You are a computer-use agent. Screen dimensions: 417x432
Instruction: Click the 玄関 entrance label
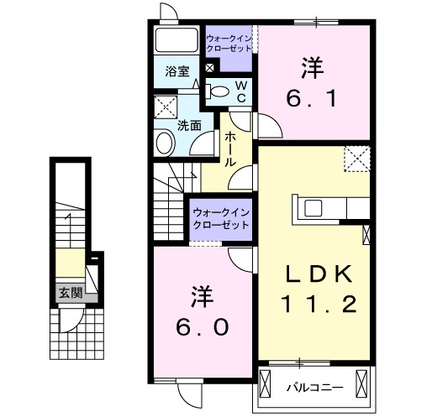tap(70, 293)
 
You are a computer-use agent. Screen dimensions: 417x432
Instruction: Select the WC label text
tap(240, 91)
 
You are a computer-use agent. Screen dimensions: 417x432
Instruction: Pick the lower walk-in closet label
tap(221, 220)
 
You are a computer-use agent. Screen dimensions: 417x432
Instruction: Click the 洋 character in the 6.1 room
tap(311, 67)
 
